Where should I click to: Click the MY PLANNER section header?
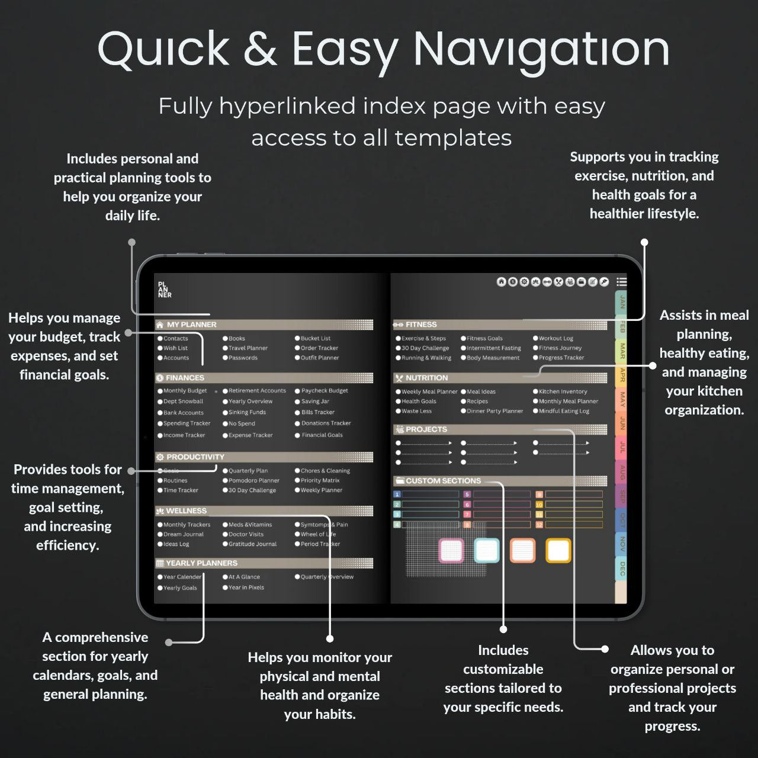coord(191,325)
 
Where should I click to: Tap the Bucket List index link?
coord(315,339)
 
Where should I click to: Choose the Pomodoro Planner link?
coord(253,481)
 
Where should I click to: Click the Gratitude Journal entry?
coord(252,544)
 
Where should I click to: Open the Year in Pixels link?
coord(246,587)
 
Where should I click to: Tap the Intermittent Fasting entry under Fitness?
coord(493,348)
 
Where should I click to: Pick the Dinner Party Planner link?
coord(494,411)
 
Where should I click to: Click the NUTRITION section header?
coord(426,378)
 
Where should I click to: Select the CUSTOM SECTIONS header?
coord(443,481)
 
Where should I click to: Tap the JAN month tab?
coord(622,303)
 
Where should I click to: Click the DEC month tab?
coord(622,569)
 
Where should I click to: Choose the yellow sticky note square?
coord(558,550)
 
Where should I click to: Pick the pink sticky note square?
coord(451,550)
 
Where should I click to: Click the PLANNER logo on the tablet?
coord(165,290)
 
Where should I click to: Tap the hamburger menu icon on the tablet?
coord(621,282)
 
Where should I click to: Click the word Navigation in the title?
coord(541,49)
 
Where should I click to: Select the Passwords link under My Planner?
coord(243,358)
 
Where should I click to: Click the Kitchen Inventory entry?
coord(563,391)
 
